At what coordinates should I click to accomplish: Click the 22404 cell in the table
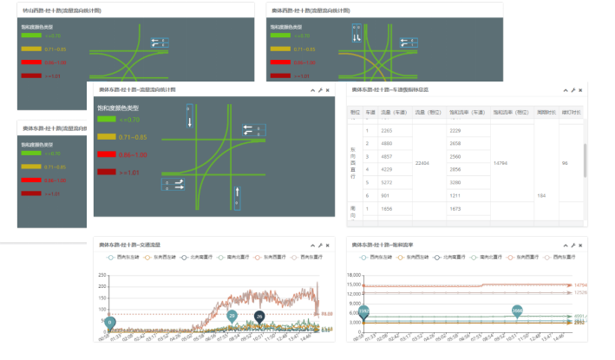[424, 162]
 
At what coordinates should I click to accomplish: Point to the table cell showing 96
[566, 162]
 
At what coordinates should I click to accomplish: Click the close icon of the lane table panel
[580, 90]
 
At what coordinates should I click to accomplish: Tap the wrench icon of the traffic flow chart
[320, 245]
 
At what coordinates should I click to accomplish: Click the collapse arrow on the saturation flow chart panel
[565, 245]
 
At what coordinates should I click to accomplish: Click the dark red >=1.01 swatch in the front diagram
[107, 172]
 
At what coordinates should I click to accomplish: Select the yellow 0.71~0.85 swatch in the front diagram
[107, 137]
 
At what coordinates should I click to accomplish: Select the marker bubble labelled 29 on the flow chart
[232, 316]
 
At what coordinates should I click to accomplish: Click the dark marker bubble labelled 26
[258, 316]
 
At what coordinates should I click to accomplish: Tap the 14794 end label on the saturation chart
[580, 285]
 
